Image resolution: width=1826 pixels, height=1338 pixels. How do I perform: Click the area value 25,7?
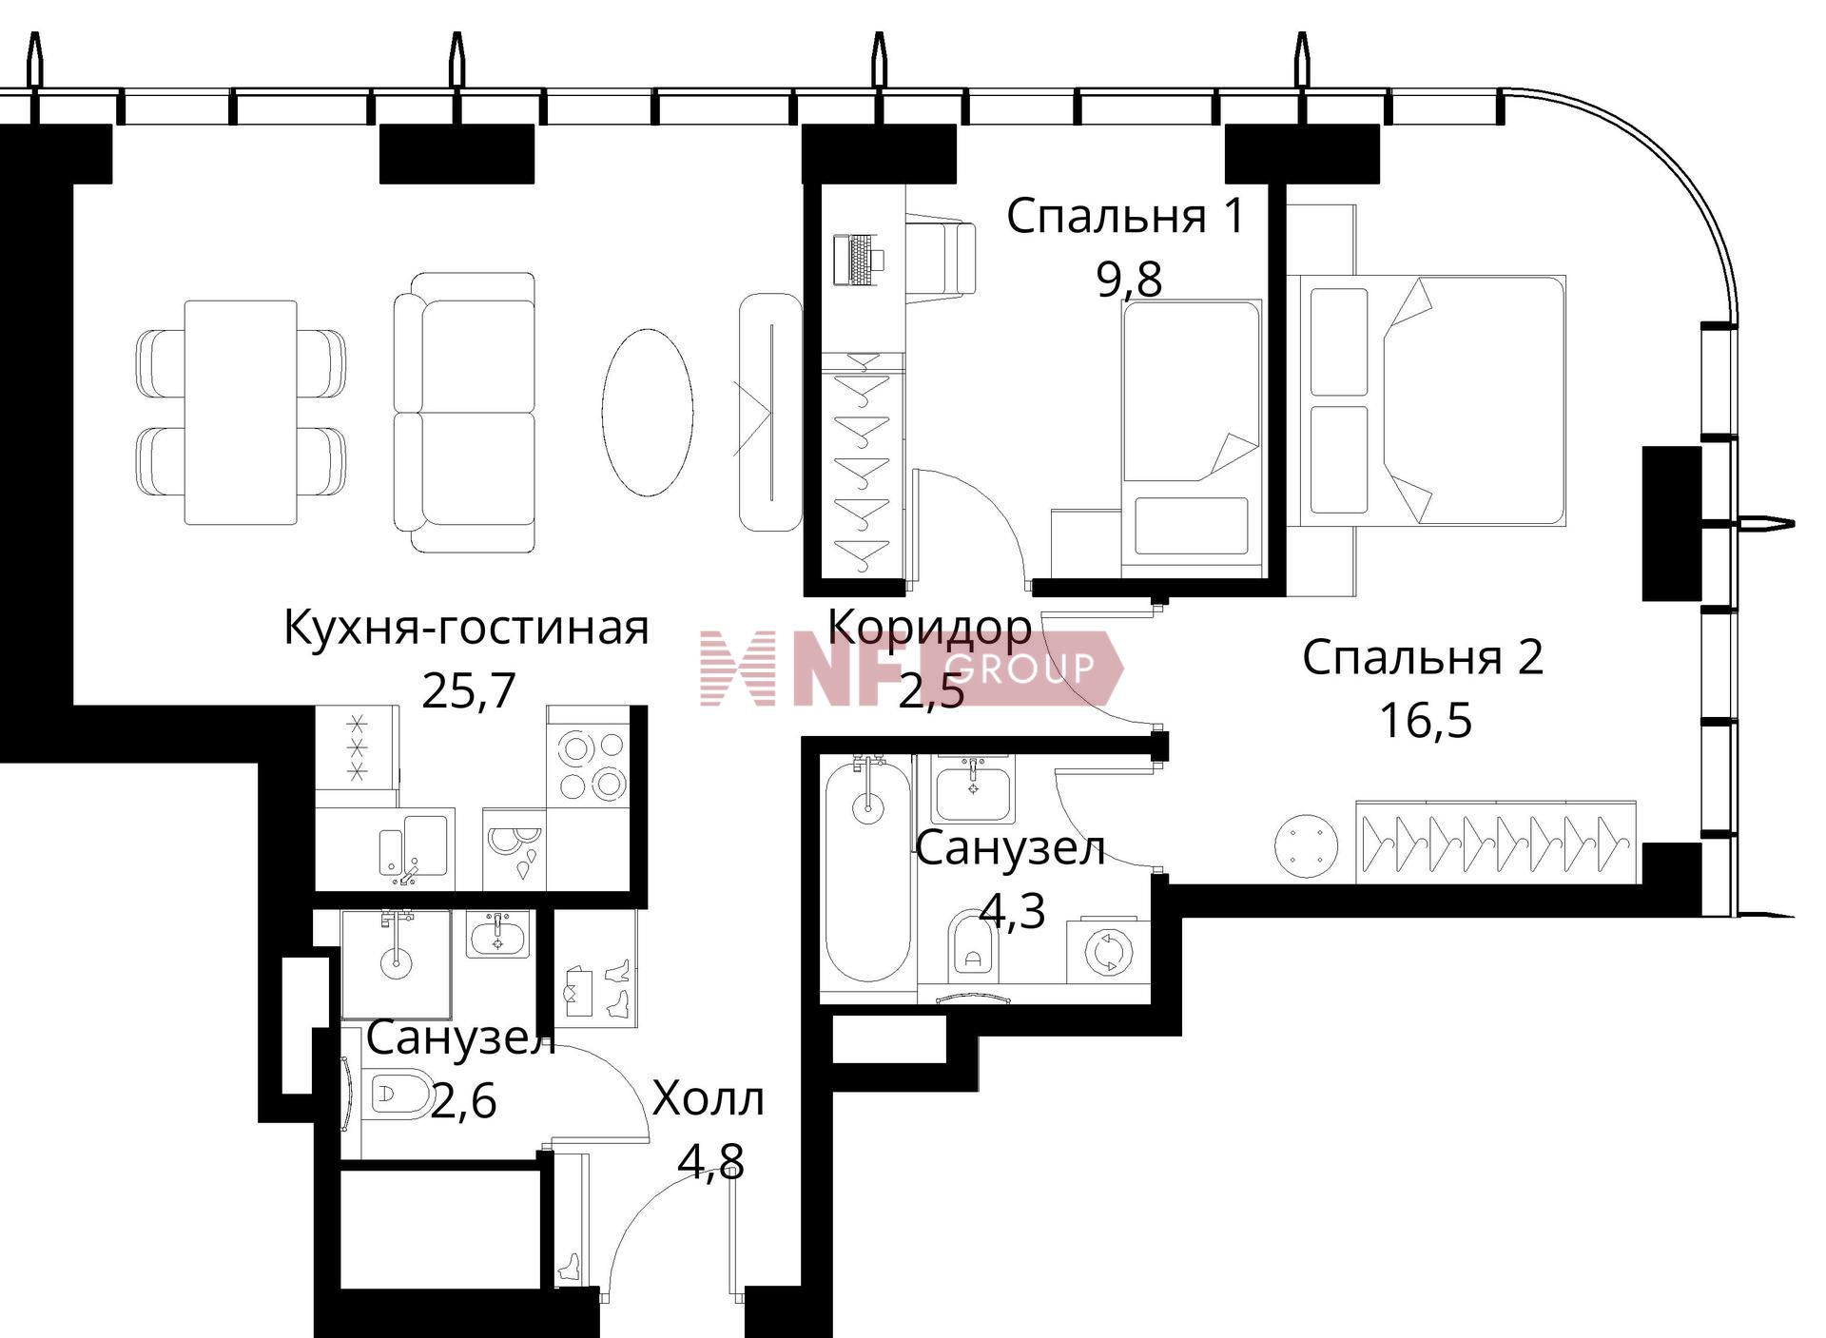(x=468, y=690)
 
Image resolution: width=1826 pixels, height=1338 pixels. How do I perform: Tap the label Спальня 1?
(x=1125, y=216)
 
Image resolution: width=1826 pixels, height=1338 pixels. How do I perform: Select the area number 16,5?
(x=1426, y=720)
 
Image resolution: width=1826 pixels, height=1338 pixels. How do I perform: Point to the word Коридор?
(x=929, y=627)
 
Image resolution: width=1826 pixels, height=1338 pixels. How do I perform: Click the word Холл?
(x=709, y=1099)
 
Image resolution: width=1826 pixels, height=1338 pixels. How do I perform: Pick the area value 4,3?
(x=1013, y=910)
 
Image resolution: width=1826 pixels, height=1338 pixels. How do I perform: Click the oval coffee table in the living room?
(x=647, y=412)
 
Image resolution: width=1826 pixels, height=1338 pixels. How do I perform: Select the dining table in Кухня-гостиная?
(x=241, y=413)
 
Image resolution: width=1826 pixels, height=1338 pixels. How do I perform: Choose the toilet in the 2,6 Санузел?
(x=400, y=1095)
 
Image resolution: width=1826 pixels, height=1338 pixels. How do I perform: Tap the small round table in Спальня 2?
(x=1306, y=845)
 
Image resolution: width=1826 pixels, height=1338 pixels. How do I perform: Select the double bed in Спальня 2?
(x=1426, y=400)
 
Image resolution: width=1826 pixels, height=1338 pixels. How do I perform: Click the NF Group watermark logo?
(x=911, y=668)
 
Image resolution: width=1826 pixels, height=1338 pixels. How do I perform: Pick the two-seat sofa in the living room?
(x=465, y=412)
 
